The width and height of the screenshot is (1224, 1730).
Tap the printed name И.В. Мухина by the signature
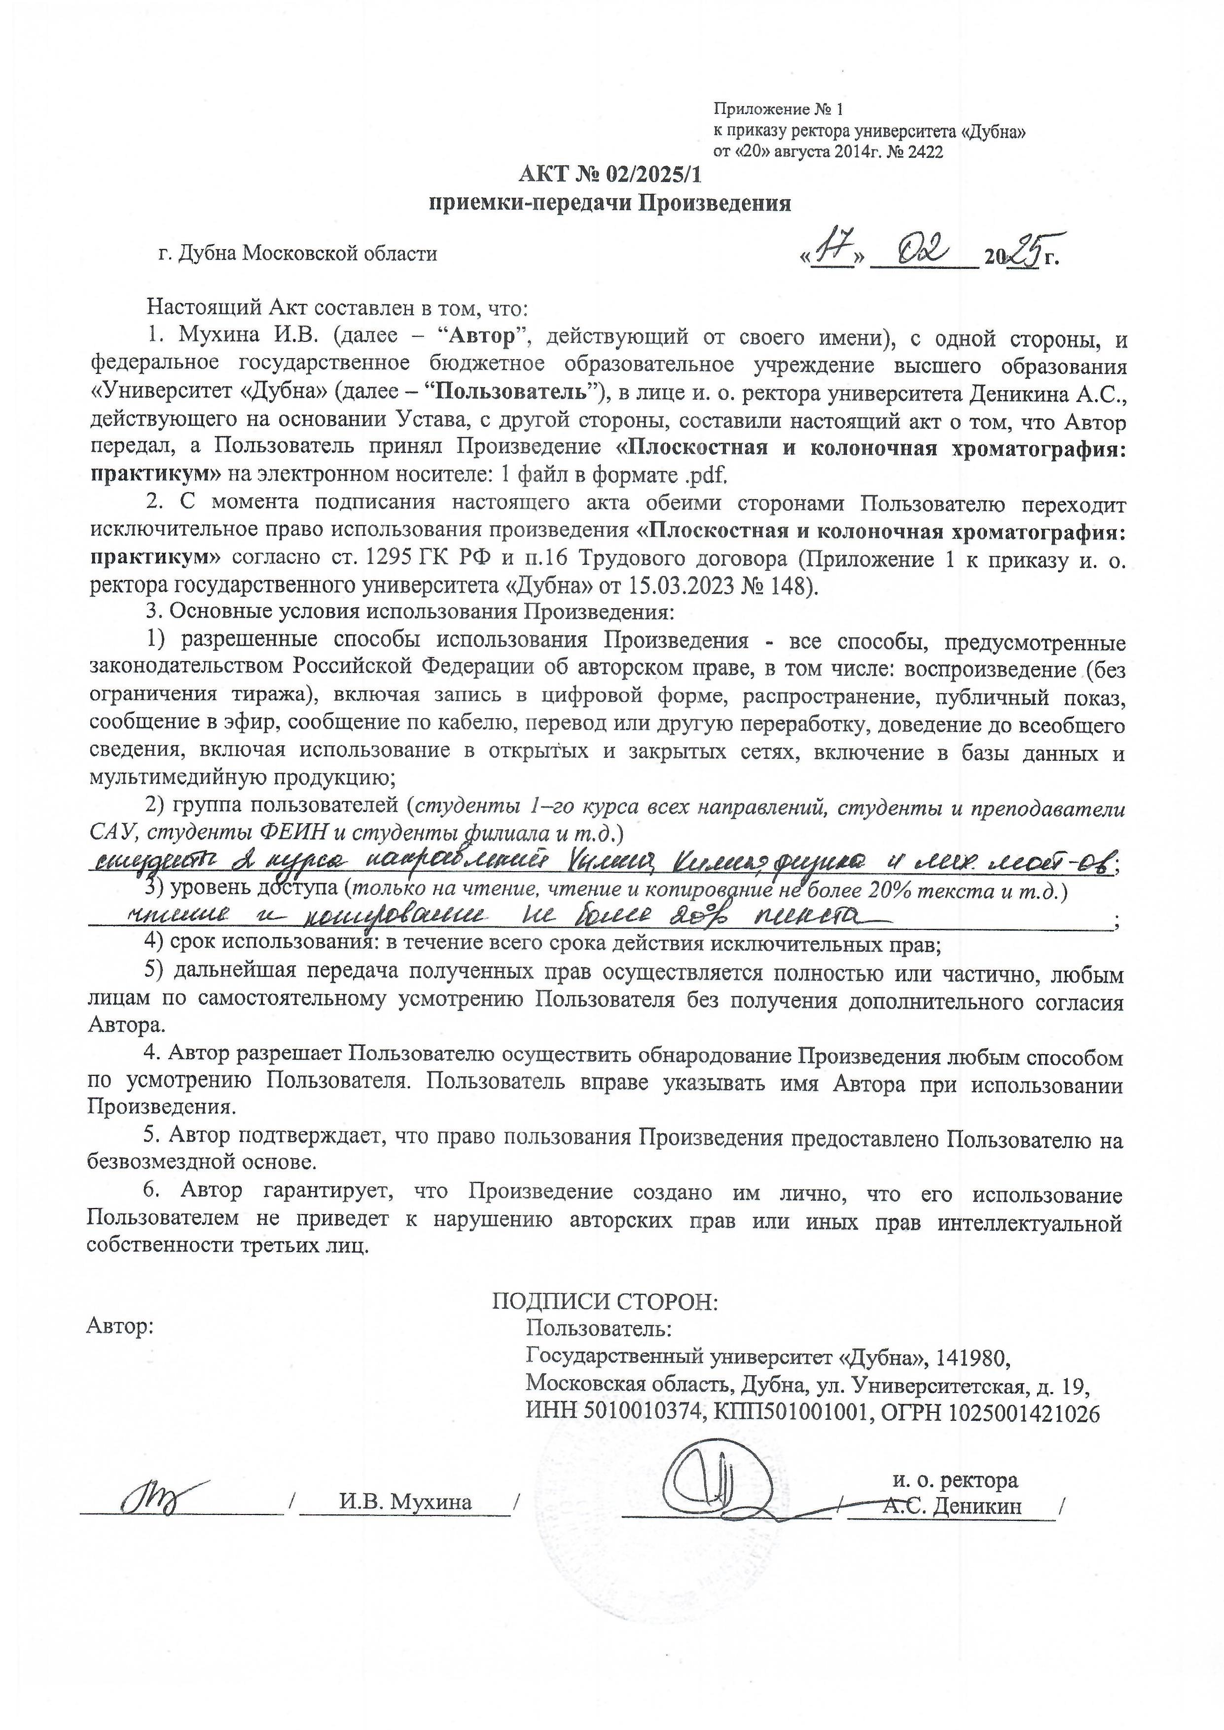point(405,1503)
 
